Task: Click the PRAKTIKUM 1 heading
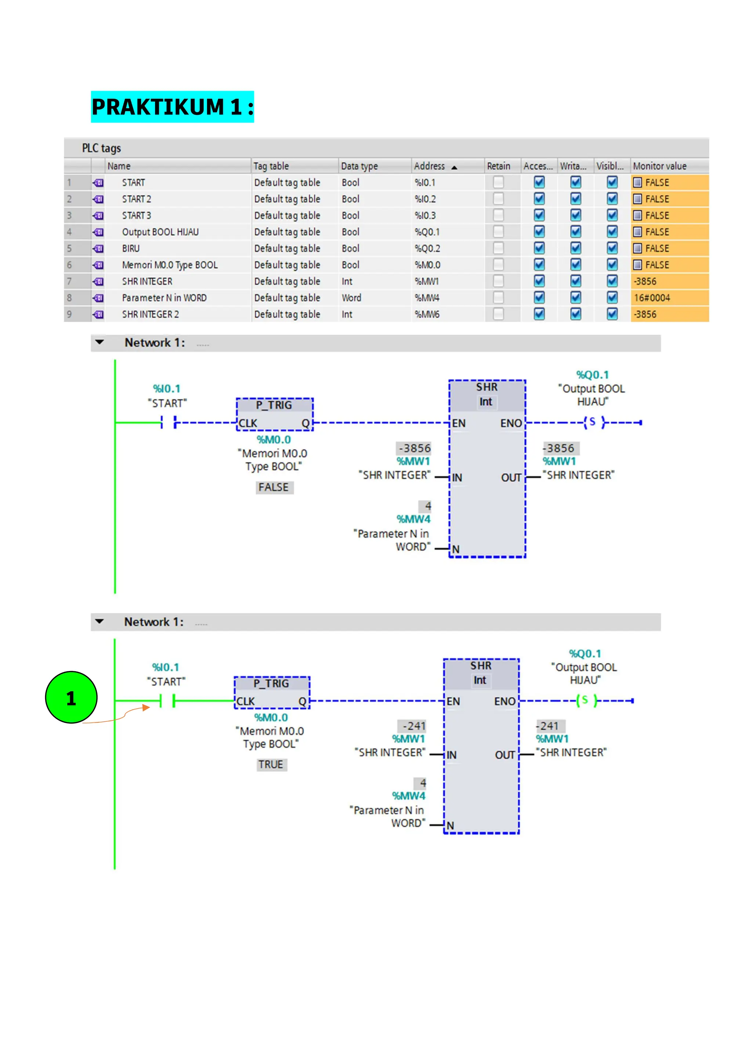(172, 107)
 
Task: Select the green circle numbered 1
(71, 697)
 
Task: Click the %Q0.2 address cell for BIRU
(427, 248)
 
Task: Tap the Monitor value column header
(659, 166)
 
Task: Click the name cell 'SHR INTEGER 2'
(151, 314)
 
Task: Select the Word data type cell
(351, 298)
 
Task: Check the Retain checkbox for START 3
(498, 215)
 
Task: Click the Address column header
(430, 166)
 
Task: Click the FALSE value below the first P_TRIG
(274, 487)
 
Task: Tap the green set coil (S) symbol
(586, 700)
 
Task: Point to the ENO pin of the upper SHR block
(511, 423)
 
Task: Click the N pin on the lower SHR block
(450, 826)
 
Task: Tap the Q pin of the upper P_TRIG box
(305, 423)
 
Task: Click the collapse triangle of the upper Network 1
(100, 342)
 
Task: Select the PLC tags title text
(101, 148)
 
